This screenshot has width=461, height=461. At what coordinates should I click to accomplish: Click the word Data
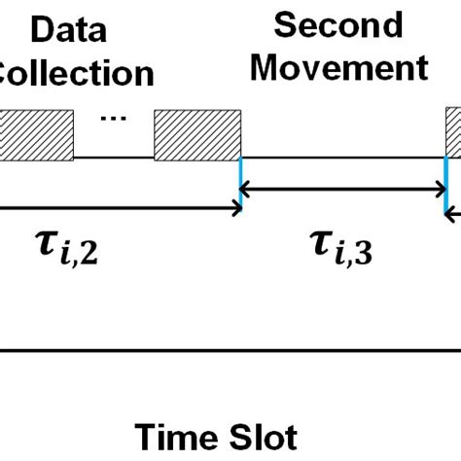69,34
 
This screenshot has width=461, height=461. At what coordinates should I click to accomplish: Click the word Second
337,25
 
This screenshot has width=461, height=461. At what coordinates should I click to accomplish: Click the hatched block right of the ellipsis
197,133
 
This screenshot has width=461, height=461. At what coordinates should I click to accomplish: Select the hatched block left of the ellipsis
36,133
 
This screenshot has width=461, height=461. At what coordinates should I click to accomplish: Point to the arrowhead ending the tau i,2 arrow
235,205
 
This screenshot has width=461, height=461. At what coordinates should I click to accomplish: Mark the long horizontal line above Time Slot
230,348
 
